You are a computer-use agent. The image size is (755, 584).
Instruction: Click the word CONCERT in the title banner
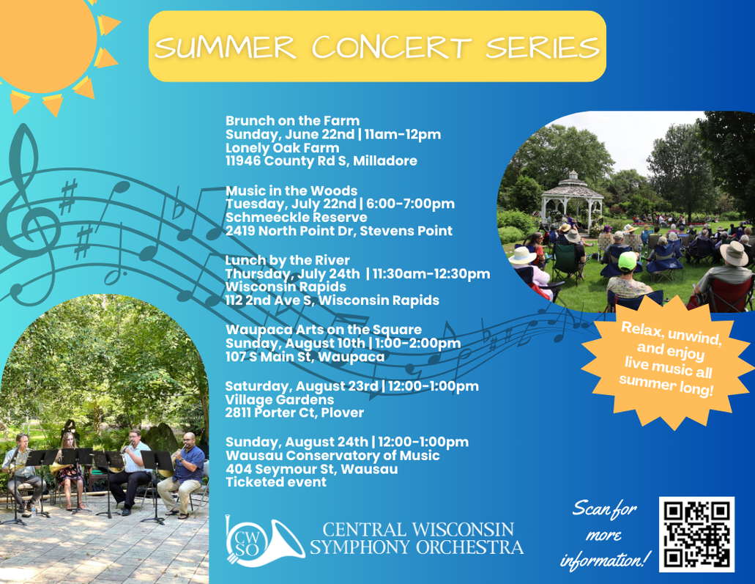tap(392, 47)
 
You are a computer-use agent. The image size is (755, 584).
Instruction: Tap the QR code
tap(696, 534)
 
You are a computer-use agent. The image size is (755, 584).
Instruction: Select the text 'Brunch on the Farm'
tap(292, 120)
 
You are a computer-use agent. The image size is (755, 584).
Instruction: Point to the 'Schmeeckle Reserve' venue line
tap(296, 218)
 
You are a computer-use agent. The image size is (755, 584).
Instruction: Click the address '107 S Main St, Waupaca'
tap(305, 357)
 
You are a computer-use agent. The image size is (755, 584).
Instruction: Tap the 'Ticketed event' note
tap(276, 482)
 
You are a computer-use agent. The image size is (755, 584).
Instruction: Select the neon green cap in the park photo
tap(627, 261)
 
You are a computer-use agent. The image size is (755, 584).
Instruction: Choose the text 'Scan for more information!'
tap(604, 535)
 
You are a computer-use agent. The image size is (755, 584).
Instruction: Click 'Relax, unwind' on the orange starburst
tap(672, 333)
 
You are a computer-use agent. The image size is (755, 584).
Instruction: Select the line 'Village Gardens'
tap(279, 399)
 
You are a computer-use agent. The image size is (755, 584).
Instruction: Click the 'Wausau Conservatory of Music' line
tap(332, 455)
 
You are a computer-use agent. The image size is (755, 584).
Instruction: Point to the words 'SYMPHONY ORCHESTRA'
tap(417, 547)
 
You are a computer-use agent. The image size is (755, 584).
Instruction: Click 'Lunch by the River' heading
tap(288, 260)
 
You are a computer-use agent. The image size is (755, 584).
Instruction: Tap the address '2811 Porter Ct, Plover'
tap(294, 413)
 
